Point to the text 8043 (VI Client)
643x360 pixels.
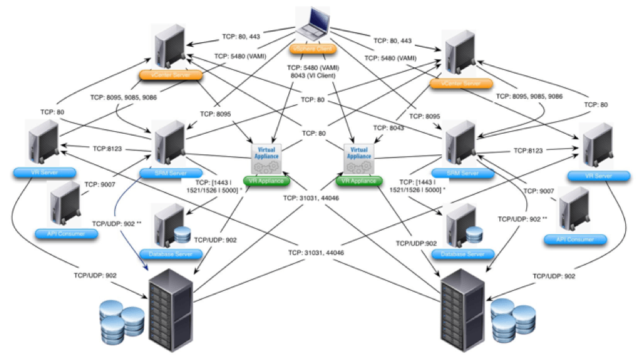point(313,75)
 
